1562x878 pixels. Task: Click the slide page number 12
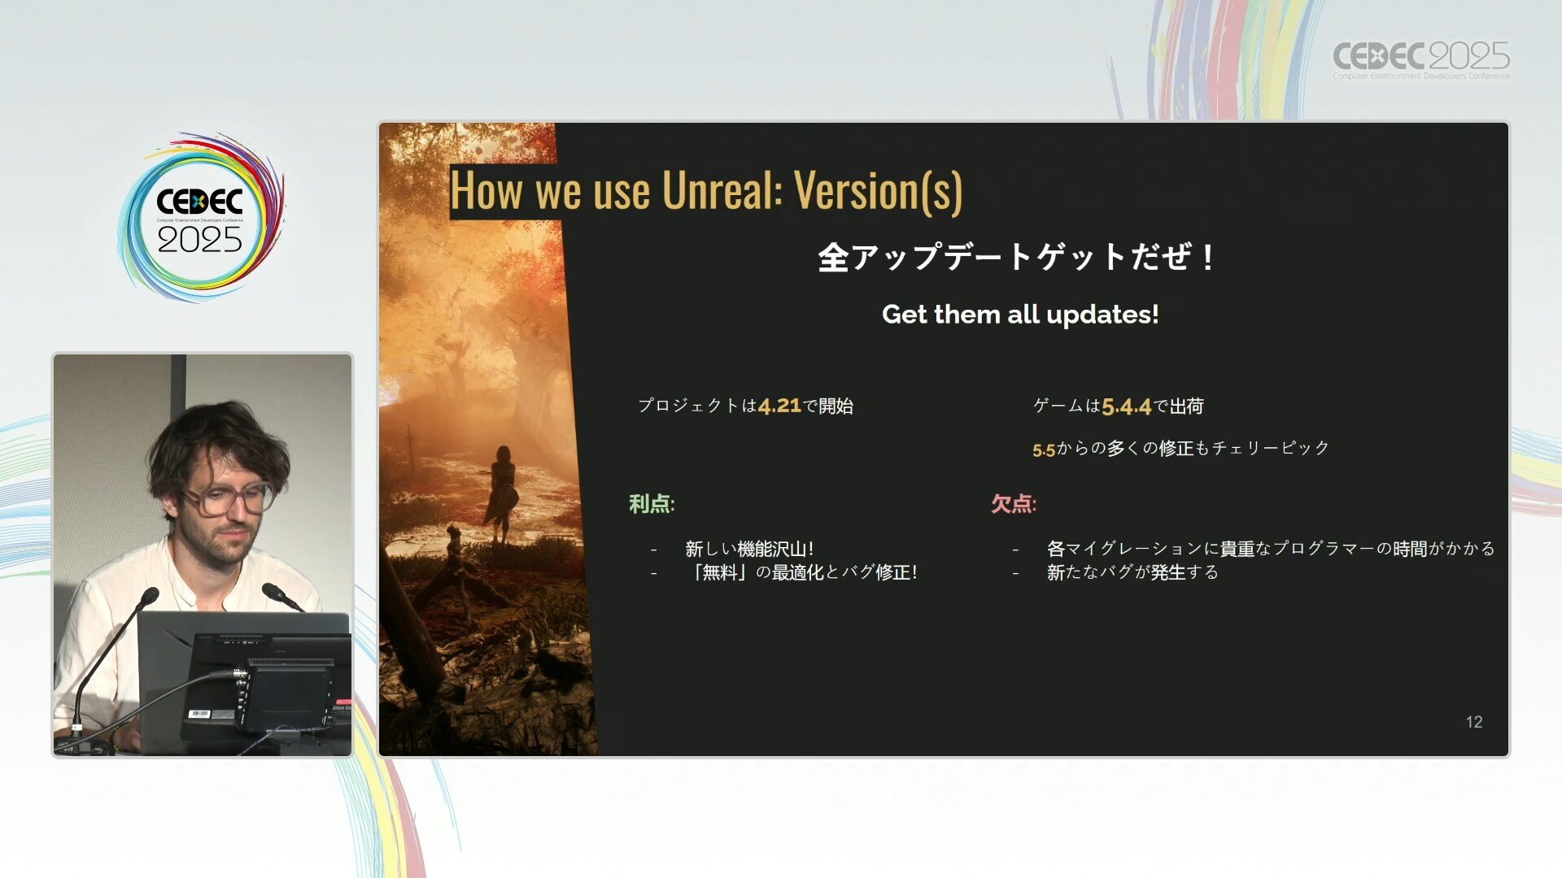click(1474, 722)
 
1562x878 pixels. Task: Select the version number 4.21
click(779, 406)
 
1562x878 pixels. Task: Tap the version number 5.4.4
click(1127, 406)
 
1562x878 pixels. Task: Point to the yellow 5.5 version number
click(1044, 450)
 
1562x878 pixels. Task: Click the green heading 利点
click(651, 504)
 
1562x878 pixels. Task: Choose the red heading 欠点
click(1013, 504)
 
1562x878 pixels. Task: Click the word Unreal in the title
click(722, 191)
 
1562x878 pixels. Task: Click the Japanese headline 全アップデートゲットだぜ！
click(1018, 258)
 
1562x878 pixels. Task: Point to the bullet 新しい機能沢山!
click(749, 549)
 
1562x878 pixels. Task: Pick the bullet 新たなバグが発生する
click(1132, 572)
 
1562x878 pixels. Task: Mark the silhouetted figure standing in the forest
click(501, 494)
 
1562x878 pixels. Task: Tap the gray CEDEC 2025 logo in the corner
click(1420, 59)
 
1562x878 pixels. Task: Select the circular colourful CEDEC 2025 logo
click(201, 217)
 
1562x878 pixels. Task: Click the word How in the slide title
click(486, 191)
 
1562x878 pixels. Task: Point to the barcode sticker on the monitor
click(199, 714)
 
